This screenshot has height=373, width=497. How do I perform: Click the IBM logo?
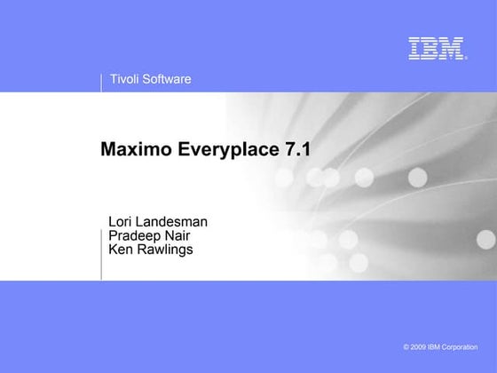click(x=438, y=48)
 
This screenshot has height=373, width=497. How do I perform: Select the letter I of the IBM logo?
click(x=414, y=48)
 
